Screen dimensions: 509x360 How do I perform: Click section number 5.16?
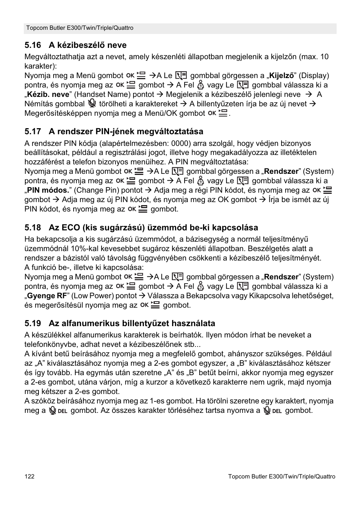32,45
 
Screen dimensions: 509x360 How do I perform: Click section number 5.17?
32,132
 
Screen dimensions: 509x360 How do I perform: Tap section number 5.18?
32,228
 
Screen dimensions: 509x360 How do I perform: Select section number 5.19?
32,323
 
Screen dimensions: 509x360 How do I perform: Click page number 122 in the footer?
29,477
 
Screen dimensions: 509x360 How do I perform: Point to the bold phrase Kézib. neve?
48,95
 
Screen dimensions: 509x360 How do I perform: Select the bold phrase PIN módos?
49,190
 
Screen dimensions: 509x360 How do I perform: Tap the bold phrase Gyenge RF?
47,296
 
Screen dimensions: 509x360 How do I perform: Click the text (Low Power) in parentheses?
92,296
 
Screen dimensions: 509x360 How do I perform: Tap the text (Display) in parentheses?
314,76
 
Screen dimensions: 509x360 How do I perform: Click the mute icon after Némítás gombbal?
92,104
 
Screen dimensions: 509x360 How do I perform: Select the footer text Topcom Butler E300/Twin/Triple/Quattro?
282,477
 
